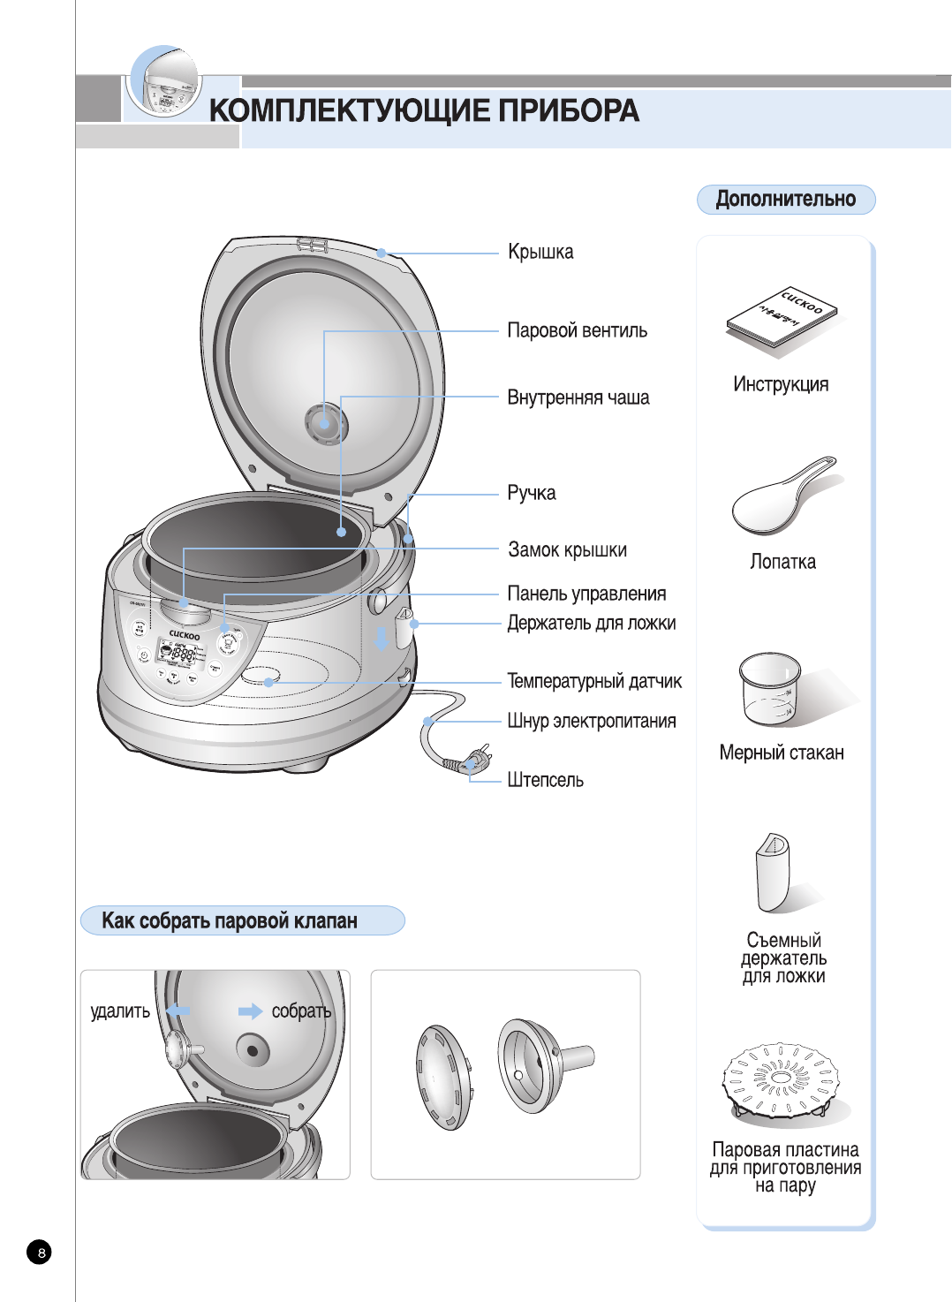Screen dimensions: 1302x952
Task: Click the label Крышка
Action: tap(540, 253)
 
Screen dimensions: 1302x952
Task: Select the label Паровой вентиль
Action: tap(577, 331)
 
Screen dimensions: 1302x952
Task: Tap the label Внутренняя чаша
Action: tap(578, 398)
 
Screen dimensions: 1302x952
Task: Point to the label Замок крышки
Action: tap(567, 550)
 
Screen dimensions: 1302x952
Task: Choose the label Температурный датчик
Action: tap(593, 681)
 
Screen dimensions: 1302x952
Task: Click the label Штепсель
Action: tap(545, 780)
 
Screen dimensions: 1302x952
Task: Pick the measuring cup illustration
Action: tap(770, 688)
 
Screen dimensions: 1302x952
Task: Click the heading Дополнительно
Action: tap(785, 200)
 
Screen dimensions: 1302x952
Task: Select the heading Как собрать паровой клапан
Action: tap(230, 921)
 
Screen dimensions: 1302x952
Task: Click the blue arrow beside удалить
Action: tap(179, 1010)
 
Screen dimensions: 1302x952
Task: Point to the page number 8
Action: tap(40, 1252)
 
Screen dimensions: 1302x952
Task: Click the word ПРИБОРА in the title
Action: tap(568, 111)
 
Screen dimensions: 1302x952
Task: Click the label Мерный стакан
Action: tap(782, 753)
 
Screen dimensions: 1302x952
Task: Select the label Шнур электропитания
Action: tap(591, 722)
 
